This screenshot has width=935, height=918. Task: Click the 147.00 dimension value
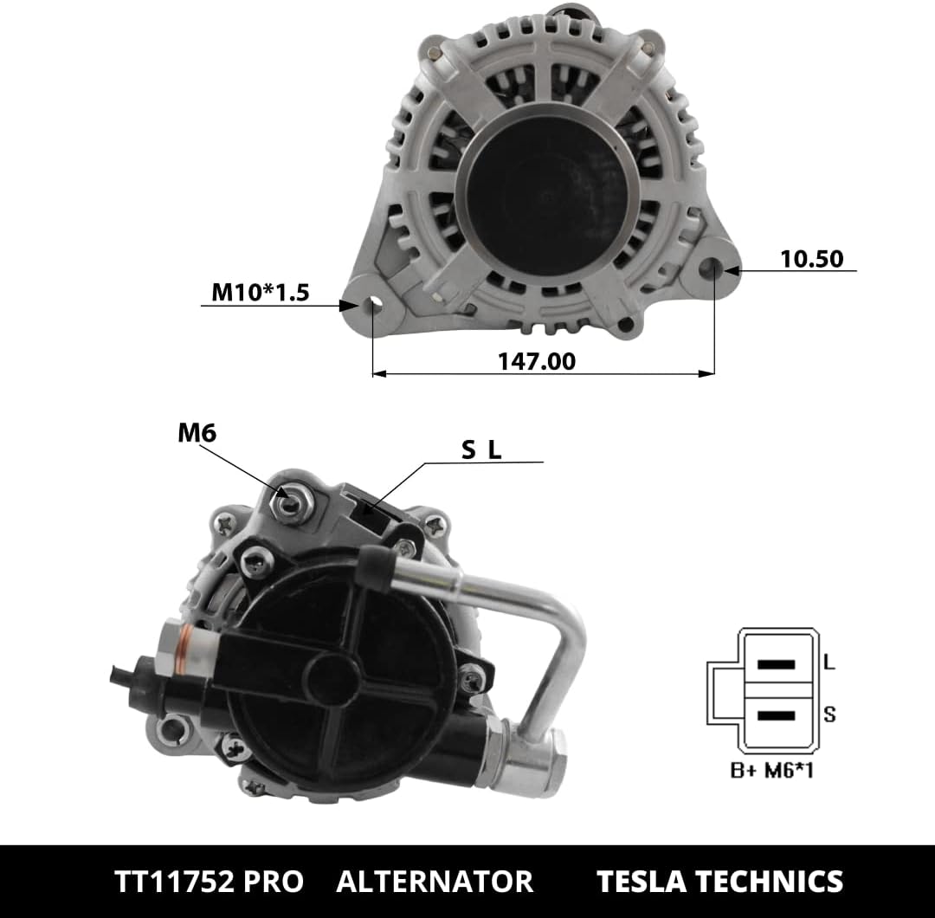coord(537,361)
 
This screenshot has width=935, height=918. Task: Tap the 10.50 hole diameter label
coord(811,259)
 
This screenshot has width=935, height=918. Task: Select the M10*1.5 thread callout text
coord(261,292)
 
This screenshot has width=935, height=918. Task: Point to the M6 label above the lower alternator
coord(197,433)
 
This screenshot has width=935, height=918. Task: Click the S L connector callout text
coord(481,449)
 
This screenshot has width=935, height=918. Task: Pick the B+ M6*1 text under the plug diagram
coord(771,770)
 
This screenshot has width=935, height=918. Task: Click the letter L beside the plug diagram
coord(829,662)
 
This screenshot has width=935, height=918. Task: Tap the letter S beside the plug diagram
coord(829,714)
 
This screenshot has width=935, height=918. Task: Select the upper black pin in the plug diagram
coord(776,664)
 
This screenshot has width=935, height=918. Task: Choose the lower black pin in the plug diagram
coord(776,716)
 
